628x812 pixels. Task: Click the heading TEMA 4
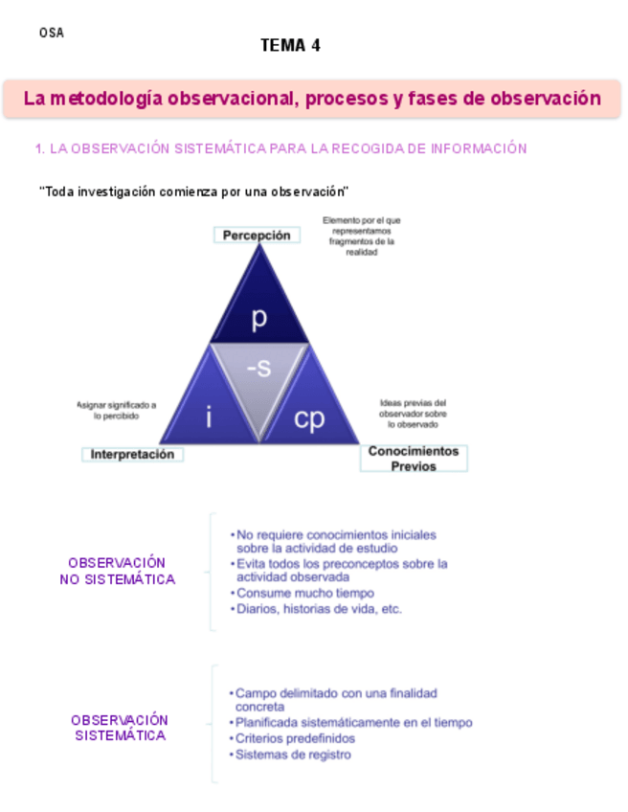[x=290, y=45]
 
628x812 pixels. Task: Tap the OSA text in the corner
[x=52, y=33]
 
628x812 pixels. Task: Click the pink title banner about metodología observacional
[x=312, y=99]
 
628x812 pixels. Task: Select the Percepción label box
[x=257, y=235]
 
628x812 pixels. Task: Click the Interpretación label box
[x=133, y=455]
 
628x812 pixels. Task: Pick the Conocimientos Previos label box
[x=414, y=458]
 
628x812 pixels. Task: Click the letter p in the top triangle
[x=259, y=320]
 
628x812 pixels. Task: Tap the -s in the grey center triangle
[x=258, y=368]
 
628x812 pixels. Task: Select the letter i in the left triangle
[x=209, y=417]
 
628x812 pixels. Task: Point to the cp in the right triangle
[x=309, y=418]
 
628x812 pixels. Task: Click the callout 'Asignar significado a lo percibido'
[x=117, y=411]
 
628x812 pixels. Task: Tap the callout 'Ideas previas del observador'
[x=413, y=413]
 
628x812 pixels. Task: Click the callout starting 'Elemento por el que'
[x=362, y=236]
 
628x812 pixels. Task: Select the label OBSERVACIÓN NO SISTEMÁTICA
[x=117, y=571]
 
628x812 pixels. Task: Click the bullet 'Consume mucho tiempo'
[x=304, y=594]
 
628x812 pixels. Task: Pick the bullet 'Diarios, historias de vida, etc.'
[x=318, y=609]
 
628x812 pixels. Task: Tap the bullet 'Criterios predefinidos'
[x=294, y=739]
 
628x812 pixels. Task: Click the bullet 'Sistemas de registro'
[x=291, y=755]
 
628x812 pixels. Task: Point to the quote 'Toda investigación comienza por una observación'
[x=193, y=192]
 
